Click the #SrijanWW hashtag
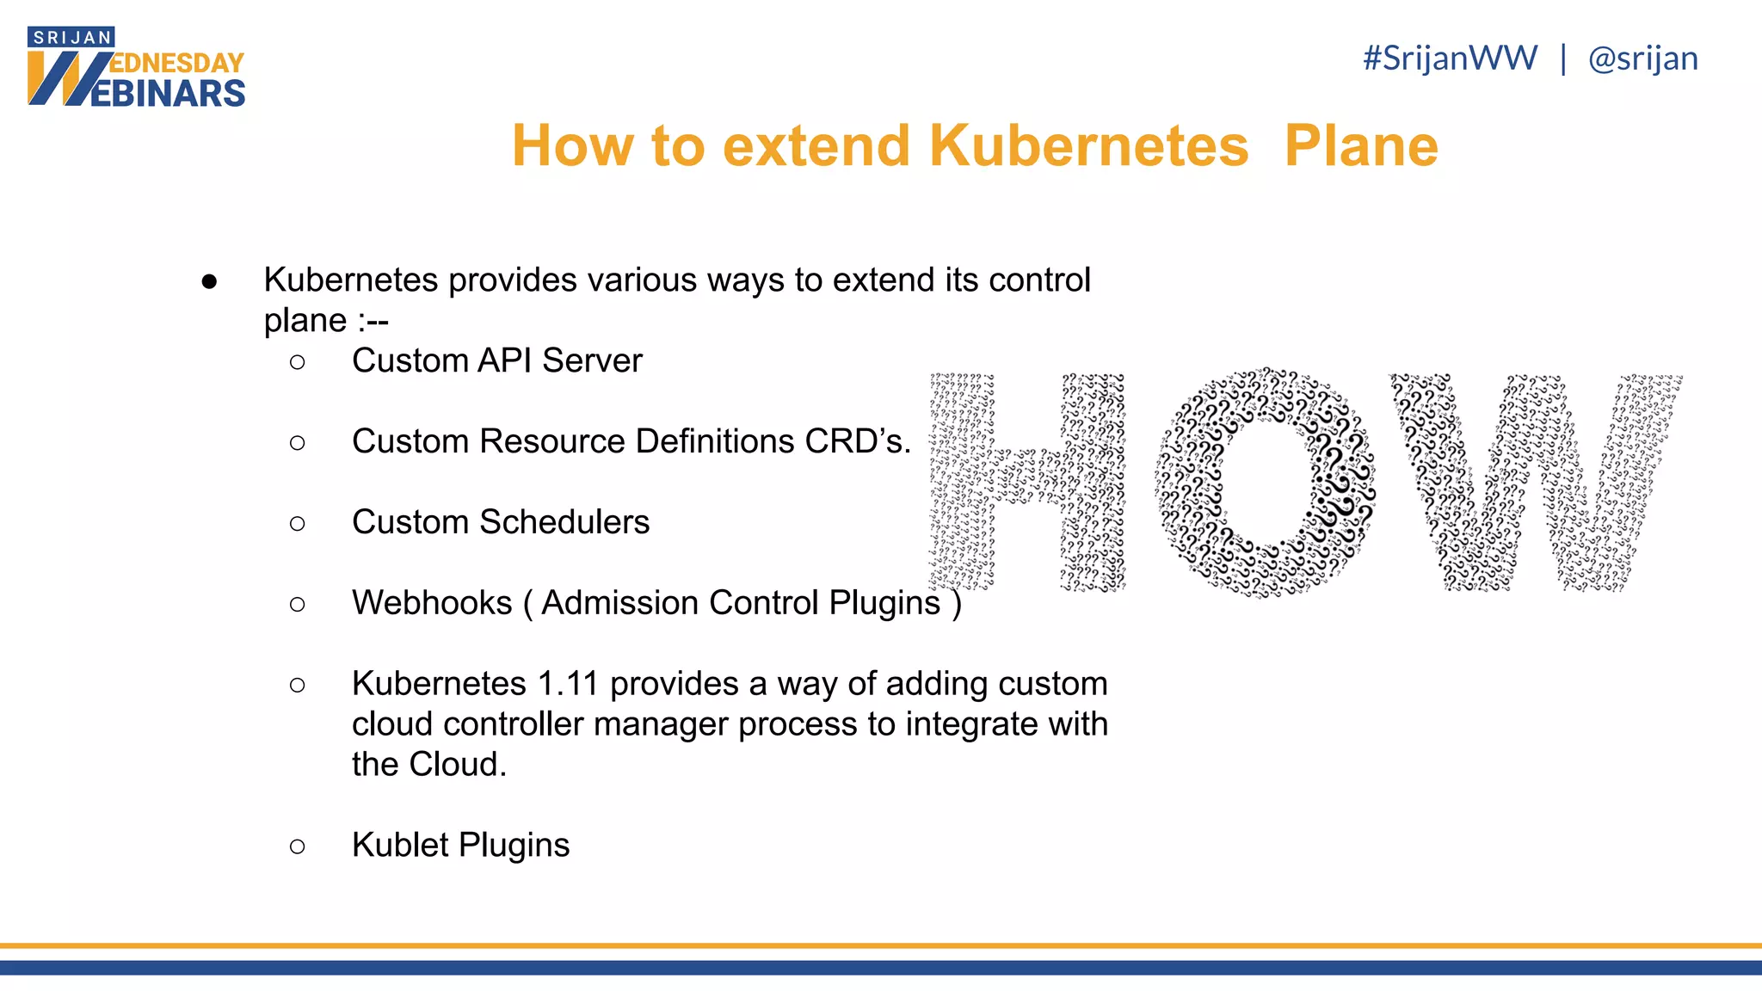(x=1450, y=58)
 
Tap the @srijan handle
(x=1642, y=58)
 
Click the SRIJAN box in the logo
(x=71, y=37)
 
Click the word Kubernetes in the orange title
(x=1088, y=145)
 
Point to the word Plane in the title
(x=1361, y=145)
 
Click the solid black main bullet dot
(x=209, y=281)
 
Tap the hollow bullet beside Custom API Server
(x=298, y=362)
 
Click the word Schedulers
(x=564, y=522)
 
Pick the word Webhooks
(x=432, y=603)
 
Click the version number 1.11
(x=567, y=684)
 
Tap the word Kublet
(x=400, y=845)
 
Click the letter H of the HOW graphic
(x=1027, y=483)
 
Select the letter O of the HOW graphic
(x=1265, y=483)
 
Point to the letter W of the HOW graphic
(x=1536, y=483)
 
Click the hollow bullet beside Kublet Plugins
(x=298, y=846)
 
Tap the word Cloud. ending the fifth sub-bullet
(x=458, y=765)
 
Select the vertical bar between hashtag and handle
(x=1563, y=58)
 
